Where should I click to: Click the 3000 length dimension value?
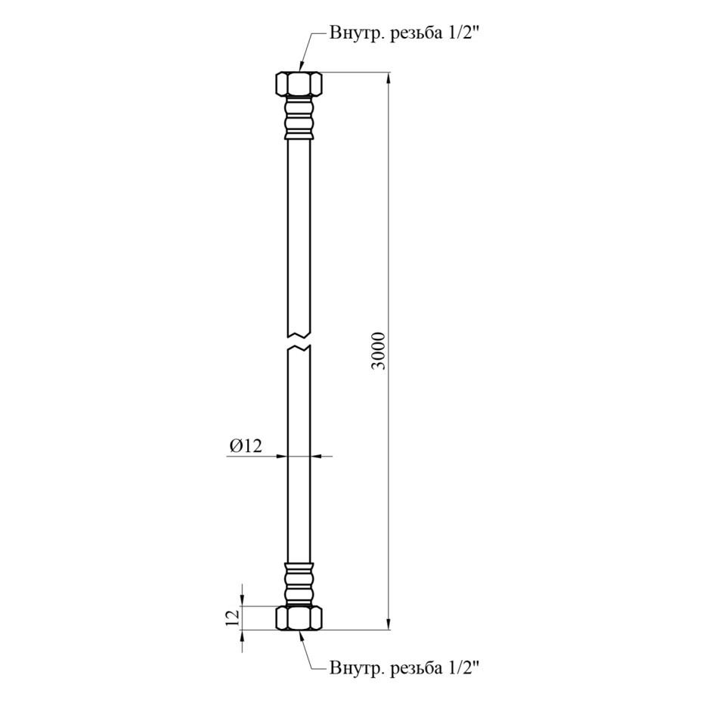(379, 351)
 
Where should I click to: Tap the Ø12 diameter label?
(246, 446)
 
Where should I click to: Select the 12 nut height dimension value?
(233, 618)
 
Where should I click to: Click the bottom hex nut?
(299, 618)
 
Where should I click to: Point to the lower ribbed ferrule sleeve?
(299, 584)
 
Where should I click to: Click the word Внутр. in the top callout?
(357, 33)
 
